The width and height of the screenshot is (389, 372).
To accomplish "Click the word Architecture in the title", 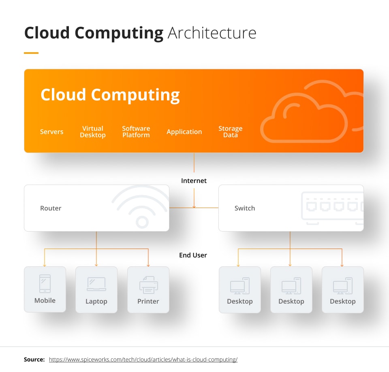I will [212, 33].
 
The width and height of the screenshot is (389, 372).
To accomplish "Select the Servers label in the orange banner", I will [51, 132].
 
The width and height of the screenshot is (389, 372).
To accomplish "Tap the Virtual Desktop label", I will [92, 132].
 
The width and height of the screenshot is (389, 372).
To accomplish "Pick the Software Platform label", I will [136, 132].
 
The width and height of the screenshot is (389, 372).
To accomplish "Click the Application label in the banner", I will [184, 132].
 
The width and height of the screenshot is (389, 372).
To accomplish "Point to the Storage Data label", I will [230, 132].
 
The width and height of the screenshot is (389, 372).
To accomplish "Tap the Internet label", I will [194, 181].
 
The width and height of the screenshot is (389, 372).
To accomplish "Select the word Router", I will [51, 208].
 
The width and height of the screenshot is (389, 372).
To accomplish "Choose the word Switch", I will [245, 208].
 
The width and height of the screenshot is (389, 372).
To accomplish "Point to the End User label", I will [193, 255].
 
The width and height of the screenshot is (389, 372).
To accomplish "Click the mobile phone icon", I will [45, 283].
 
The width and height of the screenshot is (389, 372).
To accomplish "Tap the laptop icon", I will [96, 284].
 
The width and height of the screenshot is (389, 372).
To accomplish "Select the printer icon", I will [148, 284].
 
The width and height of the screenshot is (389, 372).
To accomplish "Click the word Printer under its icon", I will [148, 302].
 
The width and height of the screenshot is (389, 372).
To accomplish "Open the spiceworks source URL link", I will [143, 359].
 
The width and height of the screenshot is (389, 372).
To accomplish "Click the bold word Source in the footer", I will [34, 359].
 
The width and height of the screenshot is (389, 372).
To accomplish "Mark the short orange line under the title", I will [31, 53].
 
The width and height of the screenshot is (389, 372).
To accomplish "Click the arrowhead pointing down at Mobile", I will [45, 265].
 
